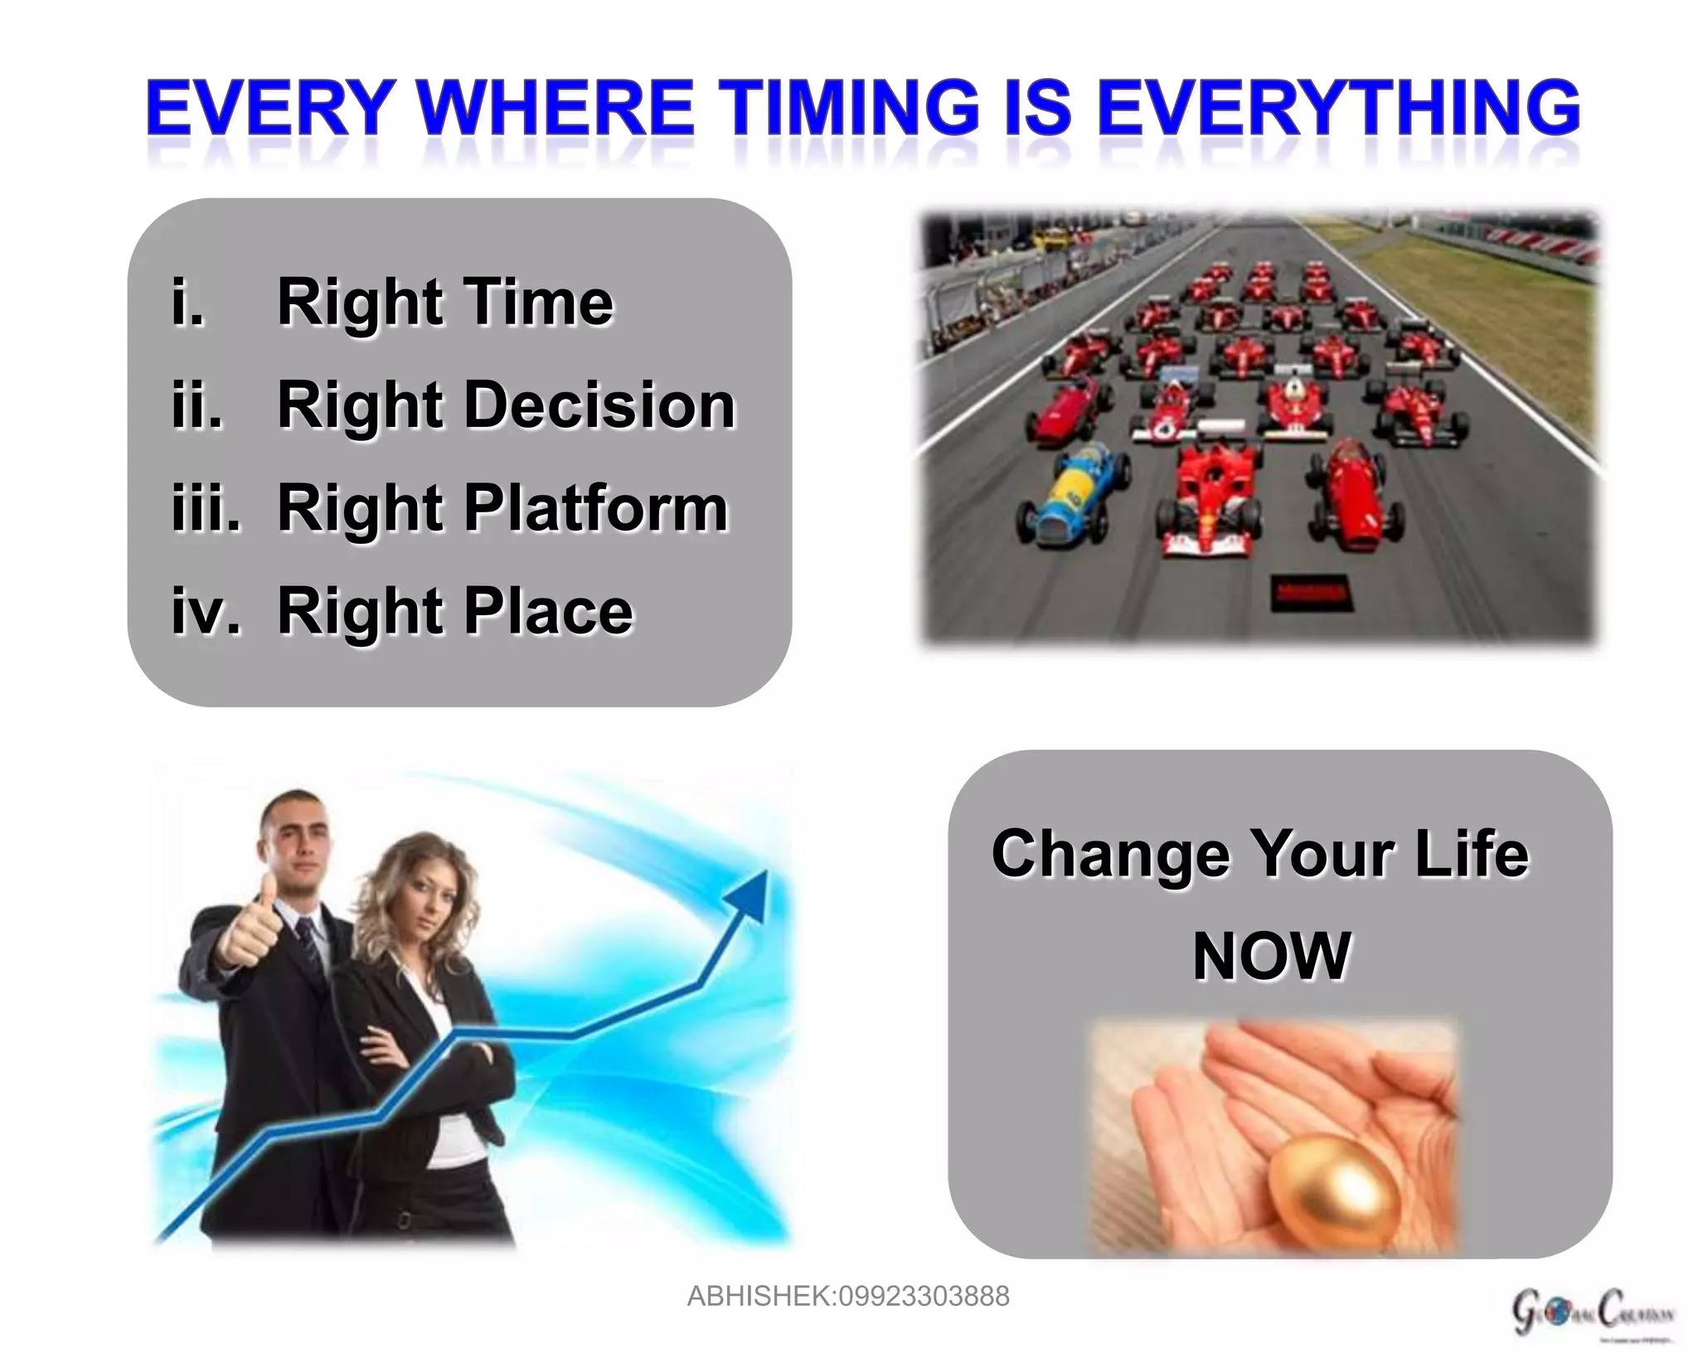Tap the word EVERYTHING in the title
click(x=1338, y=108)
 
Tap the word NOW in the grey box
click(x=1271, y=956)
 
